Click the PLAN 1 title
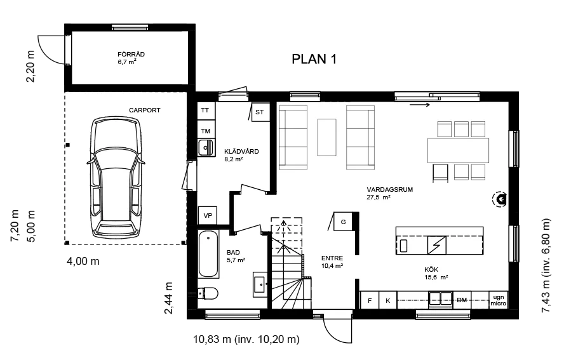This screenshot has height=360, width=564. point(314,59)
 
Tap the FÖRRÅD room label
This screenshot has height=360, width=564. point(131,55)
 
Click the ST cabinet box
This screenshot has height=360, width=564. point(260,112)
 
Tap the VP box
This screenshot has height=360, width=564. point(208,215)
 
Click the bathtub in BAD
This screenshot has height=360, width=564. point(208,254)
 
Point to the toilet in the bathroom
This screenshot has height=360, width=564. point(208,293)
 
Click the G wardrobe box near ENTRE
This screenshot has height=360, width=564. point(343,221)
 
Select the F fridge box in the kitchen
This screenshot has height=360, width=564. point(370,300)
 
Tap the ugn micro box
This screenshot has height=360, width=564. point(499,300)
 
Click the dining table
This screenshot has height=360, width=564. point(459,150)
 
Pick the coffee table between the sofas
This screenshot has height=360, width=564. point(326,137)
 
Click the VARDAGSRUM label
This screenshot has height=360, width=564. point(389,190)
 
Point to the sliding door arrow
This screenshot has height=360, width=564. point(420,105)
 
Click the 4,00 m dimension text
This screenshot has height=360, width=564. point(83,261)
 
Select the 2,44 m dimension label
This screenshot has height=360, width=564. point(168,298)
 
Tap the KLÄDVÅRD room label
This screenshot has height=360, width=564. point(241,151)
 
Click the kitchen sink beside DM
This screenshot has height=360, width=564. point(441,299)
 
